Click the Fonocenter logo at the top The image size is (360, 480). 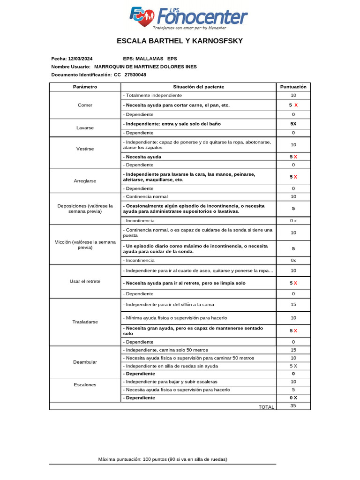click(x=188, y=18)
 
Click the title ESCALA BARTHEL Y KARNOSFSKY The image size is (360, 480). click(x=180, y=41)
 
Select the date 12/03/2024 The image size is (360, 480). click(x=80, y=59)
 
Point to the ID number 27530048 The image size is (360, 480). click(x=135, y=75)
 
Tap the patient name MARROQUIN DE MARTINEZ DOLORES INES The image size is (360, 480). click(x=145, y=67)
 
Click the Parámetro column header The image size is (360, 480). click(x=85, y=87)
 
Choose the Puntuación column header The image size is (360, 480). click(x=293, y=87)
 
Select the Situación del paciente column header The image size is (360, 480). click(x=198, y=87)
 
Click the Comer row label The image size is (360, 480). click(x=85, y=105)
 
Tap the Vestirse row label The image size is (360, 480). click(x=85, y=149)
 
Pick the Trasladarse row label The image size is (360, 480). click(x=85, y=322)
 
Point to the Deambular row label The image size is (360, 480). click(x=85, y=362)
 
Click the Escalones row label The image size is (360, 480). click(x=85, y=384)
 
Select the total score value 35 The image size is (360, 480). click(x=293, y=405)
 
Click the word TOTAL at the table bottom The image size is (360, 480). click(x=266, y=407)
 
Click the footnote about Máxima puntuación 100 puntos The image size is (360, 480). click(x=163, y=459)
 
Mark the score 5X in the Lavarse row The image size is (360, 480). click(x=293, y=124)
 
